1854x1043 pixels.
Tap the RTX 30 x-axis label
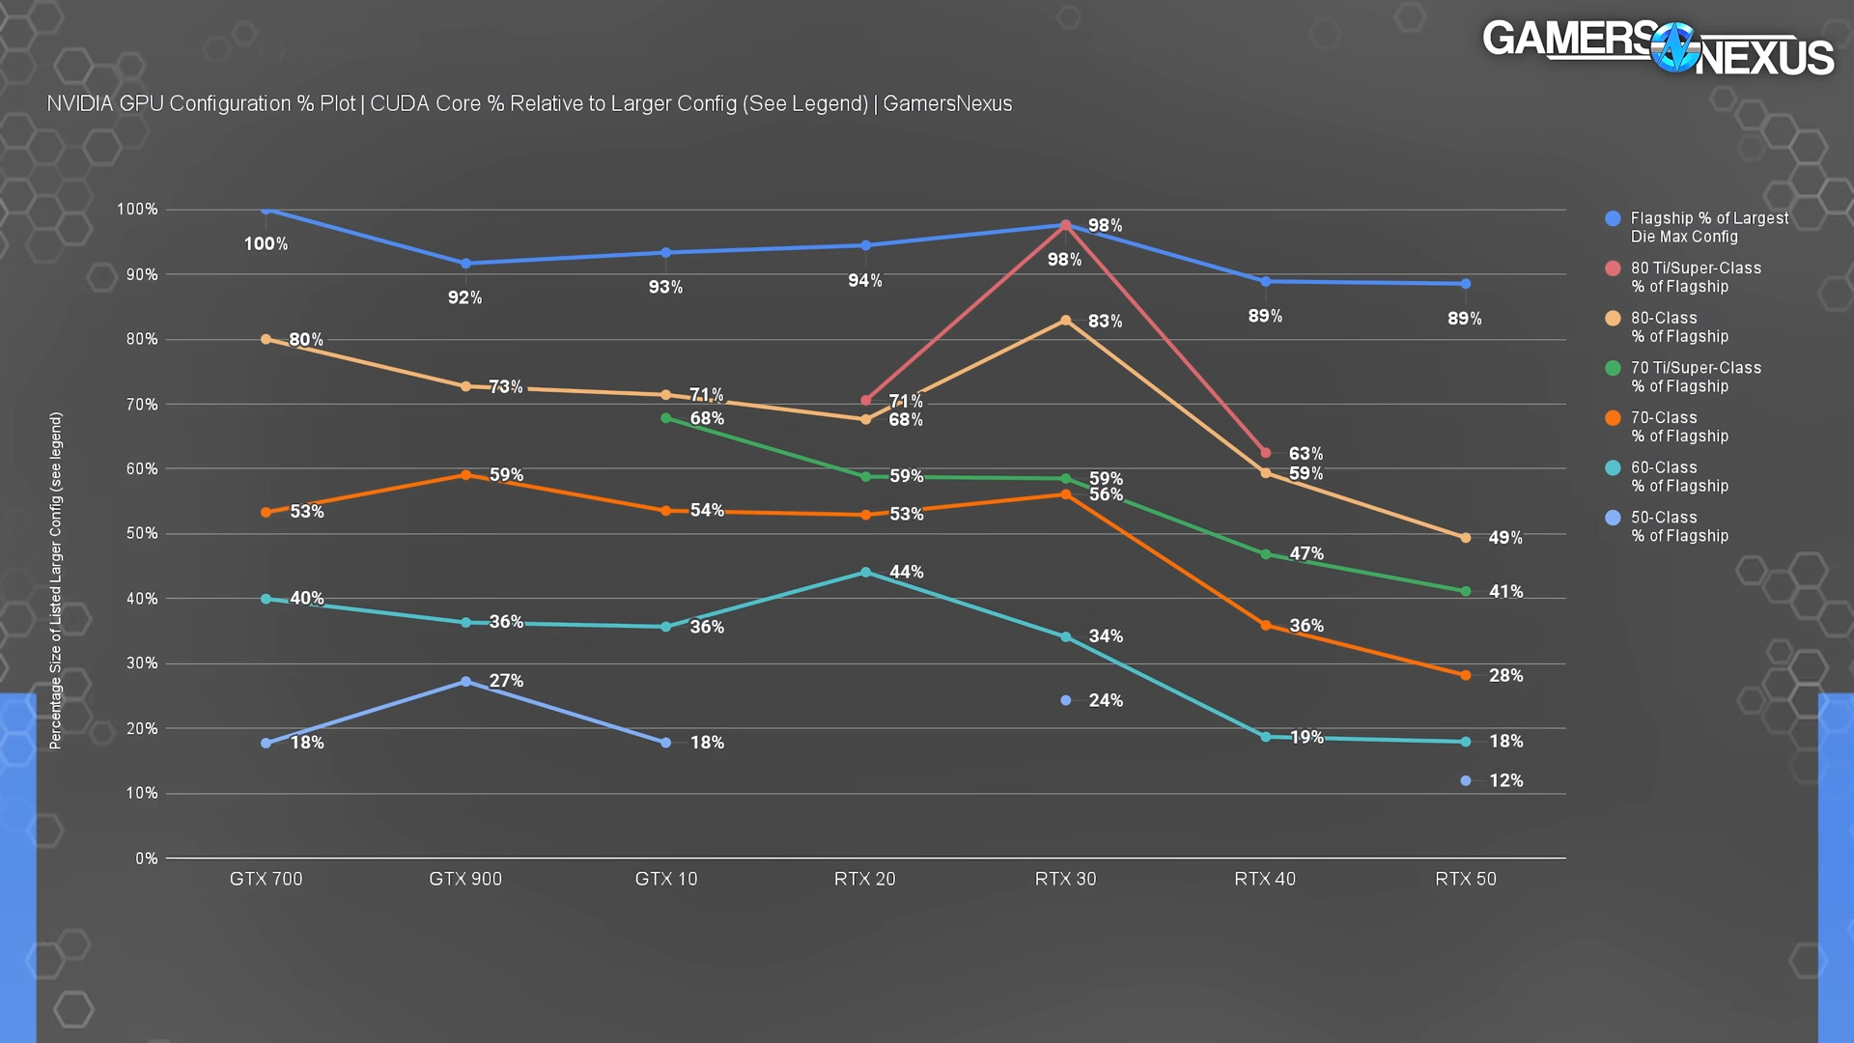[1065, 879]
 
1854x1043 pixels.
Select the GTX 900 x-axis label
[465, 879]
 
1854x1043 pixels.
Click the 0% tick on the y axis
[146, 859]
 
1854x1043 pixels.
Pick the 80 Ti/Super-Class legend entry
[1695, 277]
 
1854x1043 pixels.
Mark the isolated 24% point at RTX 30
[1066, 700]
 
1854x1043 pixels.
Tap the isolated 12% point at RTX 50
[1466, 780]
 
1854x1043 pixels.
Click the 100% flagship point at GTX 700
[267, 210]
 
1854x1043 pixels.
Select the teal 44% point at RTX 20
[866, 573]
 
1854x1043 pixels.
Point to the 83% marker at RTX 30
[1066, 321]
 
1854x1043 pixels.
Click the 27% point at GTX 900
[466, 682]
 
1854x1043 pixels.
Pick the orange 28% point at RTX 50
[1466, 675]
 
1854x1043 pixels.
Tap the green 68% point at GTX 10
[666, 418]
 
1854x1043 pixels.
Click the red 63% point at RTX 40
[1266, 453]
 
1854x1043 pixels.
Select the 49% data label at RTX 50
[1505, 538]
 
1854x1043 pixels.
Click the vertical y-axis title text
[56, 580]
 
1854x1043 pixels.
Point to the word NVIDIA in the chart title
[80, 104]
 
